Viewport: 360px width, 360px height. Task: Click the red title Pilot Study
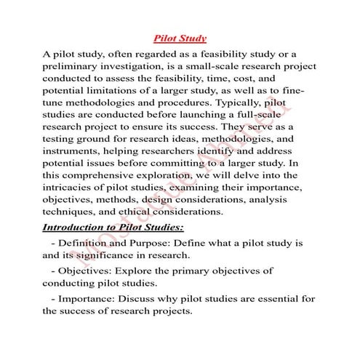pyautogui.click(x=180, y=38)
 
